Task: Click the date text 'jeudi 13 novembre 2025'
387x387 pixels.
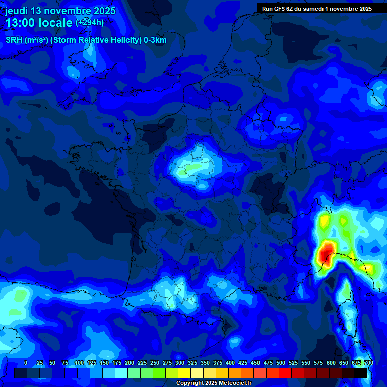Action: tap(60, 11)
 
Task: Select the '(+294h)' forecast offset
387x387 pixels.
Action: tap(90, 23)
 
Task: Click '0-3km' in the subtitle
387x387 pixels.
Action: tap(155, 40)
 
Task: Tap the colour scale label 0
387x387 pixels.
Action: tap(26, 363)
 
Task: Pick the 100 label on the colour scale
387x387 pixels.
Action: tap(79, 363)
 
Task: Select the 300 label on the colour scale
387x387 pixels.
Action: tap(180, 363)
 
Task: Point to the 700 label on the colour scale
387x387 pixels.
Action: tap(369, 363)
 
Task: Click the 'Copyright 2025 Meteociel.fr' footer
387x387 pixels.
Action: tap(213, 383)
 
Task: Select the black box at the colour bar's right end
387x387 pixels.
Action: tap(361, 373)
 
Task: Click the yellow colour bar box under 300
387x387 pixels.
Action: tap(184, 373)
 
